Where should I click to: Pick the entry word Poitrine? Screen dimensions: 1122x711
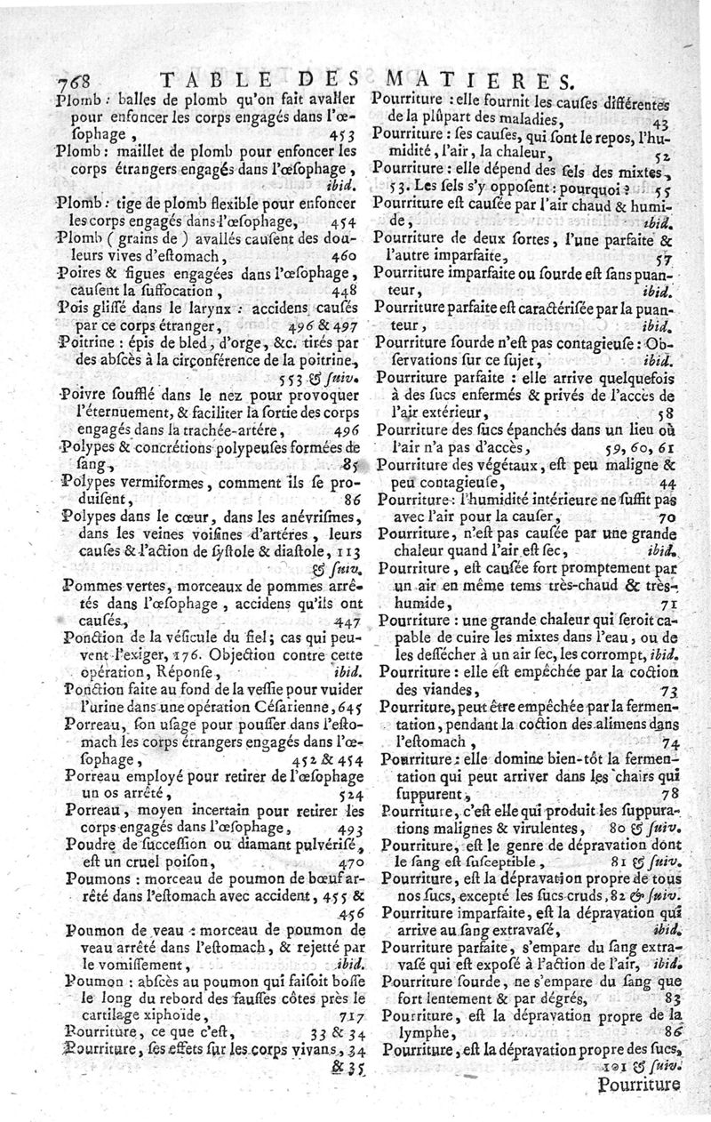coord(90,341)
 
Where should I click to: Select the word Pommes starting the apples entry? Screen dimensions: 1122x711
coord(93,587)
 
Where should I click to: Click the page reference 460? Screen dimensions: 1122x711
coord(341,256)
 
